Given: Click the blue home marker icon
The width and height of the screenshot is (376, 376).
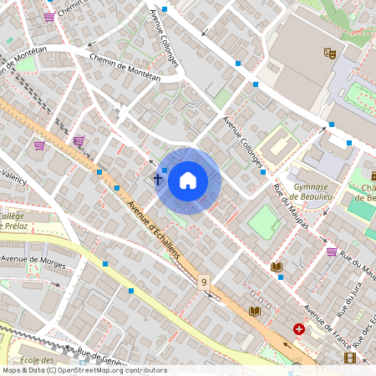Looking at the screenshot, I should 188,180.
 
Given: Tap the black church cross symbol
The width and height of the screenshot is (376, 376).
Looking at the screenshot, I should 156,179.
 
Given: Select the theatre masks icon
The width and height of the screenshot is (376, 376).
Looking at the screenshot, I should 329,53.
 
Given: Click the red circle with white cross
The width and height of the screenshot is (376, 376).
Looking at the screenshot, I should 299,330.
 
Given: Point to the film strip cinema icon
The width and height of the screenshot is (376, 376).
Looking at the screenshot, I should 349,358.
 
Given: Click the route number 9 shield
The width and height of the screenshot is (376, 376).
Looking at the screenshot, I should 204,283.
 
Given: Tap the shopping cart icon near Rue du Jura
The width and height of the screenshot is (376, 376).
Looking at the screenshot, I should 332,251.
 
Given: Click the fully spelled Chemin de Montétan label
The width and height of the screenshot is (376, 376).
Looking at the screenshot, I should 124,68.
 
